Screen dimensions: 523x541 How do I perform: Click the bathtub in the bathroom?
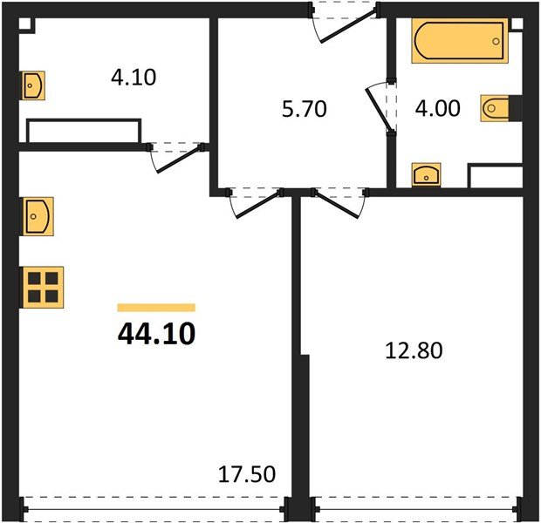[x=459, y=41]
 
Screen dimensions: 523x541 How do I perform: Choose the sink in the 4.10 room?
[x=33, y=85]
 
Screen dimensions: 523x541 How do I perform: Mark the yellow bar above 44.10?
[x=156, y=308]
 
